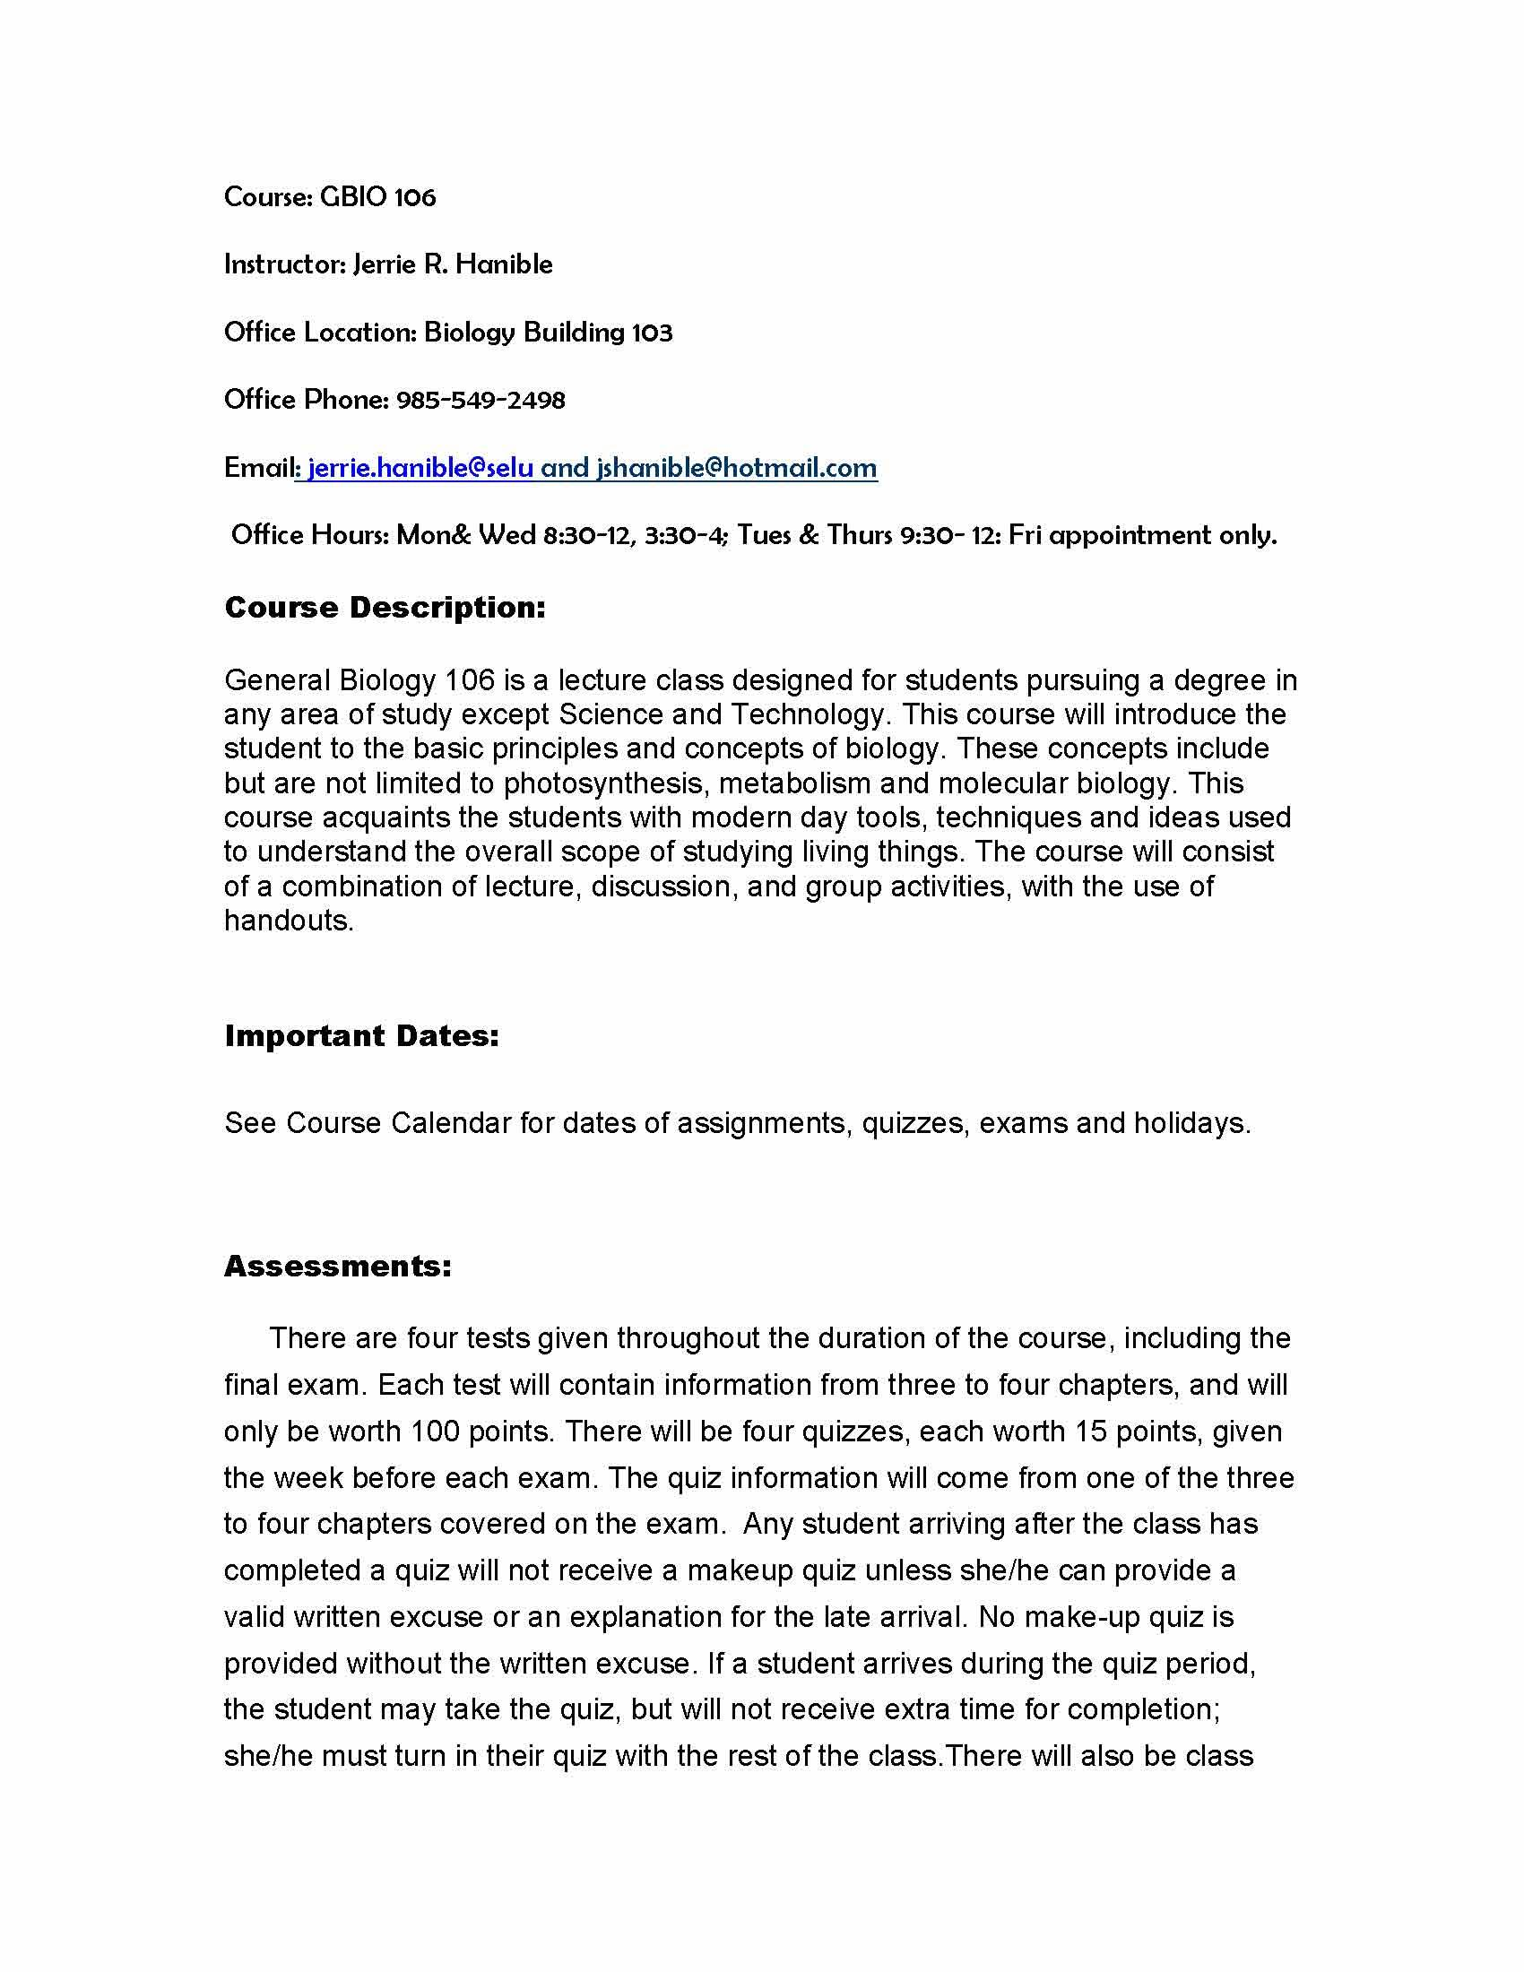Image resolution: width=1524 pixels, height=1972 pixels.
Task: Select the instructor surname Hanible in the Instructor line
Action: [504, 264]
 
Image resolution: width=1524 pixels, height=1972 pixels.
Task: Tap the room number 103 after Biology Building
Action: [652, 333]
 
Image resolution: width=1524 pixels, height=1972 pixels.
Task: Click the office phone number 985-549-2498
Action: [481, 400]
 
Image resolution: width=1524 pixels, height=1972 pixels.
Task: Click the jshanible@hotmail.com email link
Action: [737, 468]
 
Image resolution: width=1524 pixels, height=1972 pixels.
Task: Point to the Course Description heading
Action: [385, 608]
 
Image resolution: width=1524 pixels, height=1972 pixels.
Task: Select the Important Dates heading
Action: [361, 1035]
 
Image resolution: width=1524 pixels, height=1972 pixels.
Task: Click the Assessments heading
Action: [338, 1266]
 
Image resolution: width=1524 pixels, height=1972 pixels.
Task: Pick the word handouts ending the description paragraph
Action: [287, 920]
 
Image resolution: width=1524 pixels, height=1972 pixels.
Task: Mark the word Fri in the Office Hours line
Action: [1025, 535]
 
